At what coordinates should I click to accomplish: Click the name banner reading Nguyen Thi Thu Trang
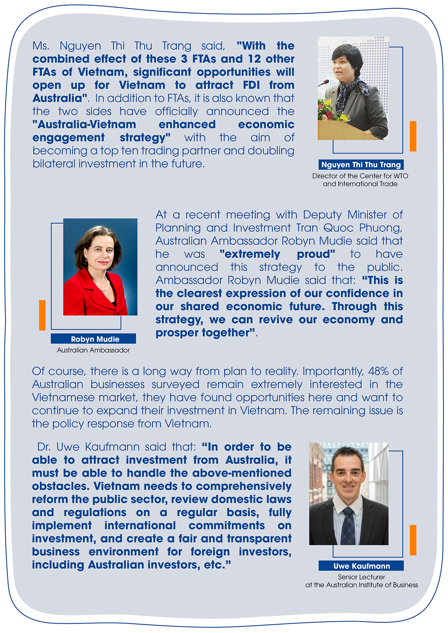point(361,165)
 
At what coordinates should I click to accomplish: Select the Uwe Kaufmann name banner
point(361,566)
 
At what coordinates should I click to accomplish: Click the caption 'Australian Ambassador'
point(93,350)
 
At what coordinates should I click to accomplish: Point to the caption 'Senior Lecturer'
point(361,577)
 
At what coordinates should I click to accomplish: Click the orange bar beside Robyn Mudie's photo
point(42,315)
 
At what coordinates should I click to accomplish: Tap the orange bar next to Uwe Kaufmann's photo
point(413,540)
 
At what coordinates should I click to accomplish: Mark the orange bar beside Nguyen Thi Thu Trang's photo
point(413,136)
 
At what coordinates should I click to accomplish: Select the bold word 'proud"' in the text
point(316,254)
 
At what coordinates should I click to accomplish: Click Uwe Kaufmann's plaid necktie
point(349,527)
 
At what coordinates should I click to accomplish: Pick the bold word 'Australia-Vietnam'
point(84,125)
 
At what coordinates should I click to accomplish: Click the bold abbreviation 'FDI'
point(251,85)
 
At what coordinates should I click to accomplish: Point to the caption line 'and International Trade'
point(360,184)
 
